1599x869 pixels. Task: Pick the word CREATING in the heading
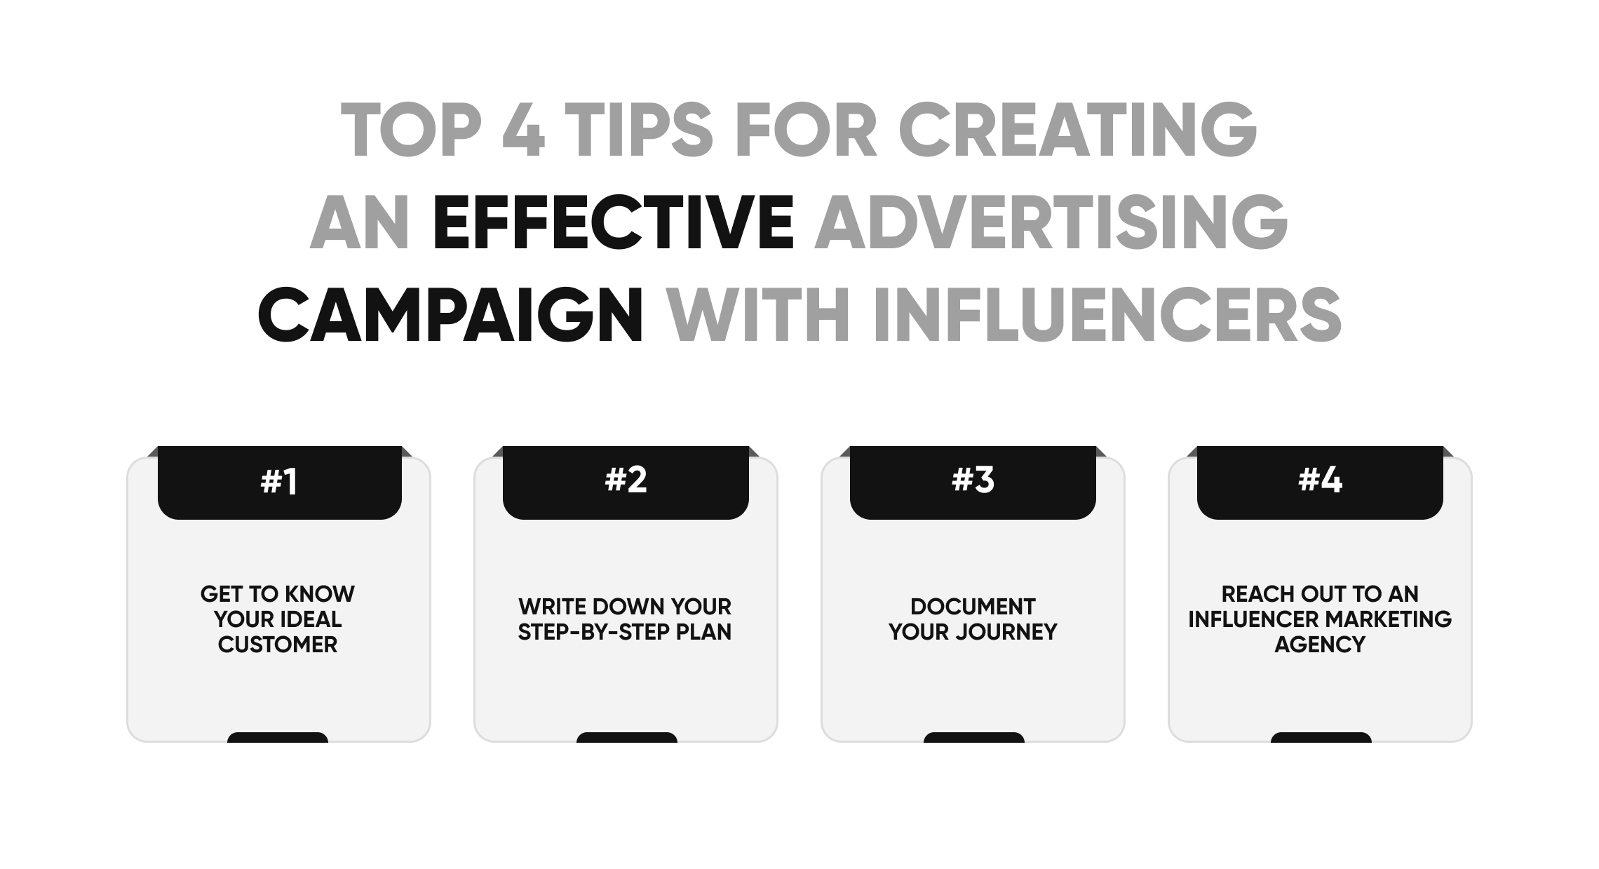click(1078, 130)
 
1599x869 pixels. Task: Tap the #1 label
click(279, 482)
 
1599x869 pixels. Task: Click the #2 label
click(626, 480)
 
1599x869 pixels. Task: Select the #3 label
click(973, 480)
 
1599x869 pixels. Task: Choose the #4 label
click(1320, 480)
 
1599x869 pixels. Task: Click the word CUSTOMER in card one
click(278, 645)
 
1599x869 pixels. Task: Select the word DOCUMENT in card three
click(973, 607)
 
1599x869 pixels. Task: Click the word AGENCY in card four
click(1320, 645)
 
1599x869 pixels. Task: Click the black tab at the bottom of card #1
click(278, 737)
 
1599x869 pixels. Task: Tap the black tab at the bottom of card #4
click(1321, 737)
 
